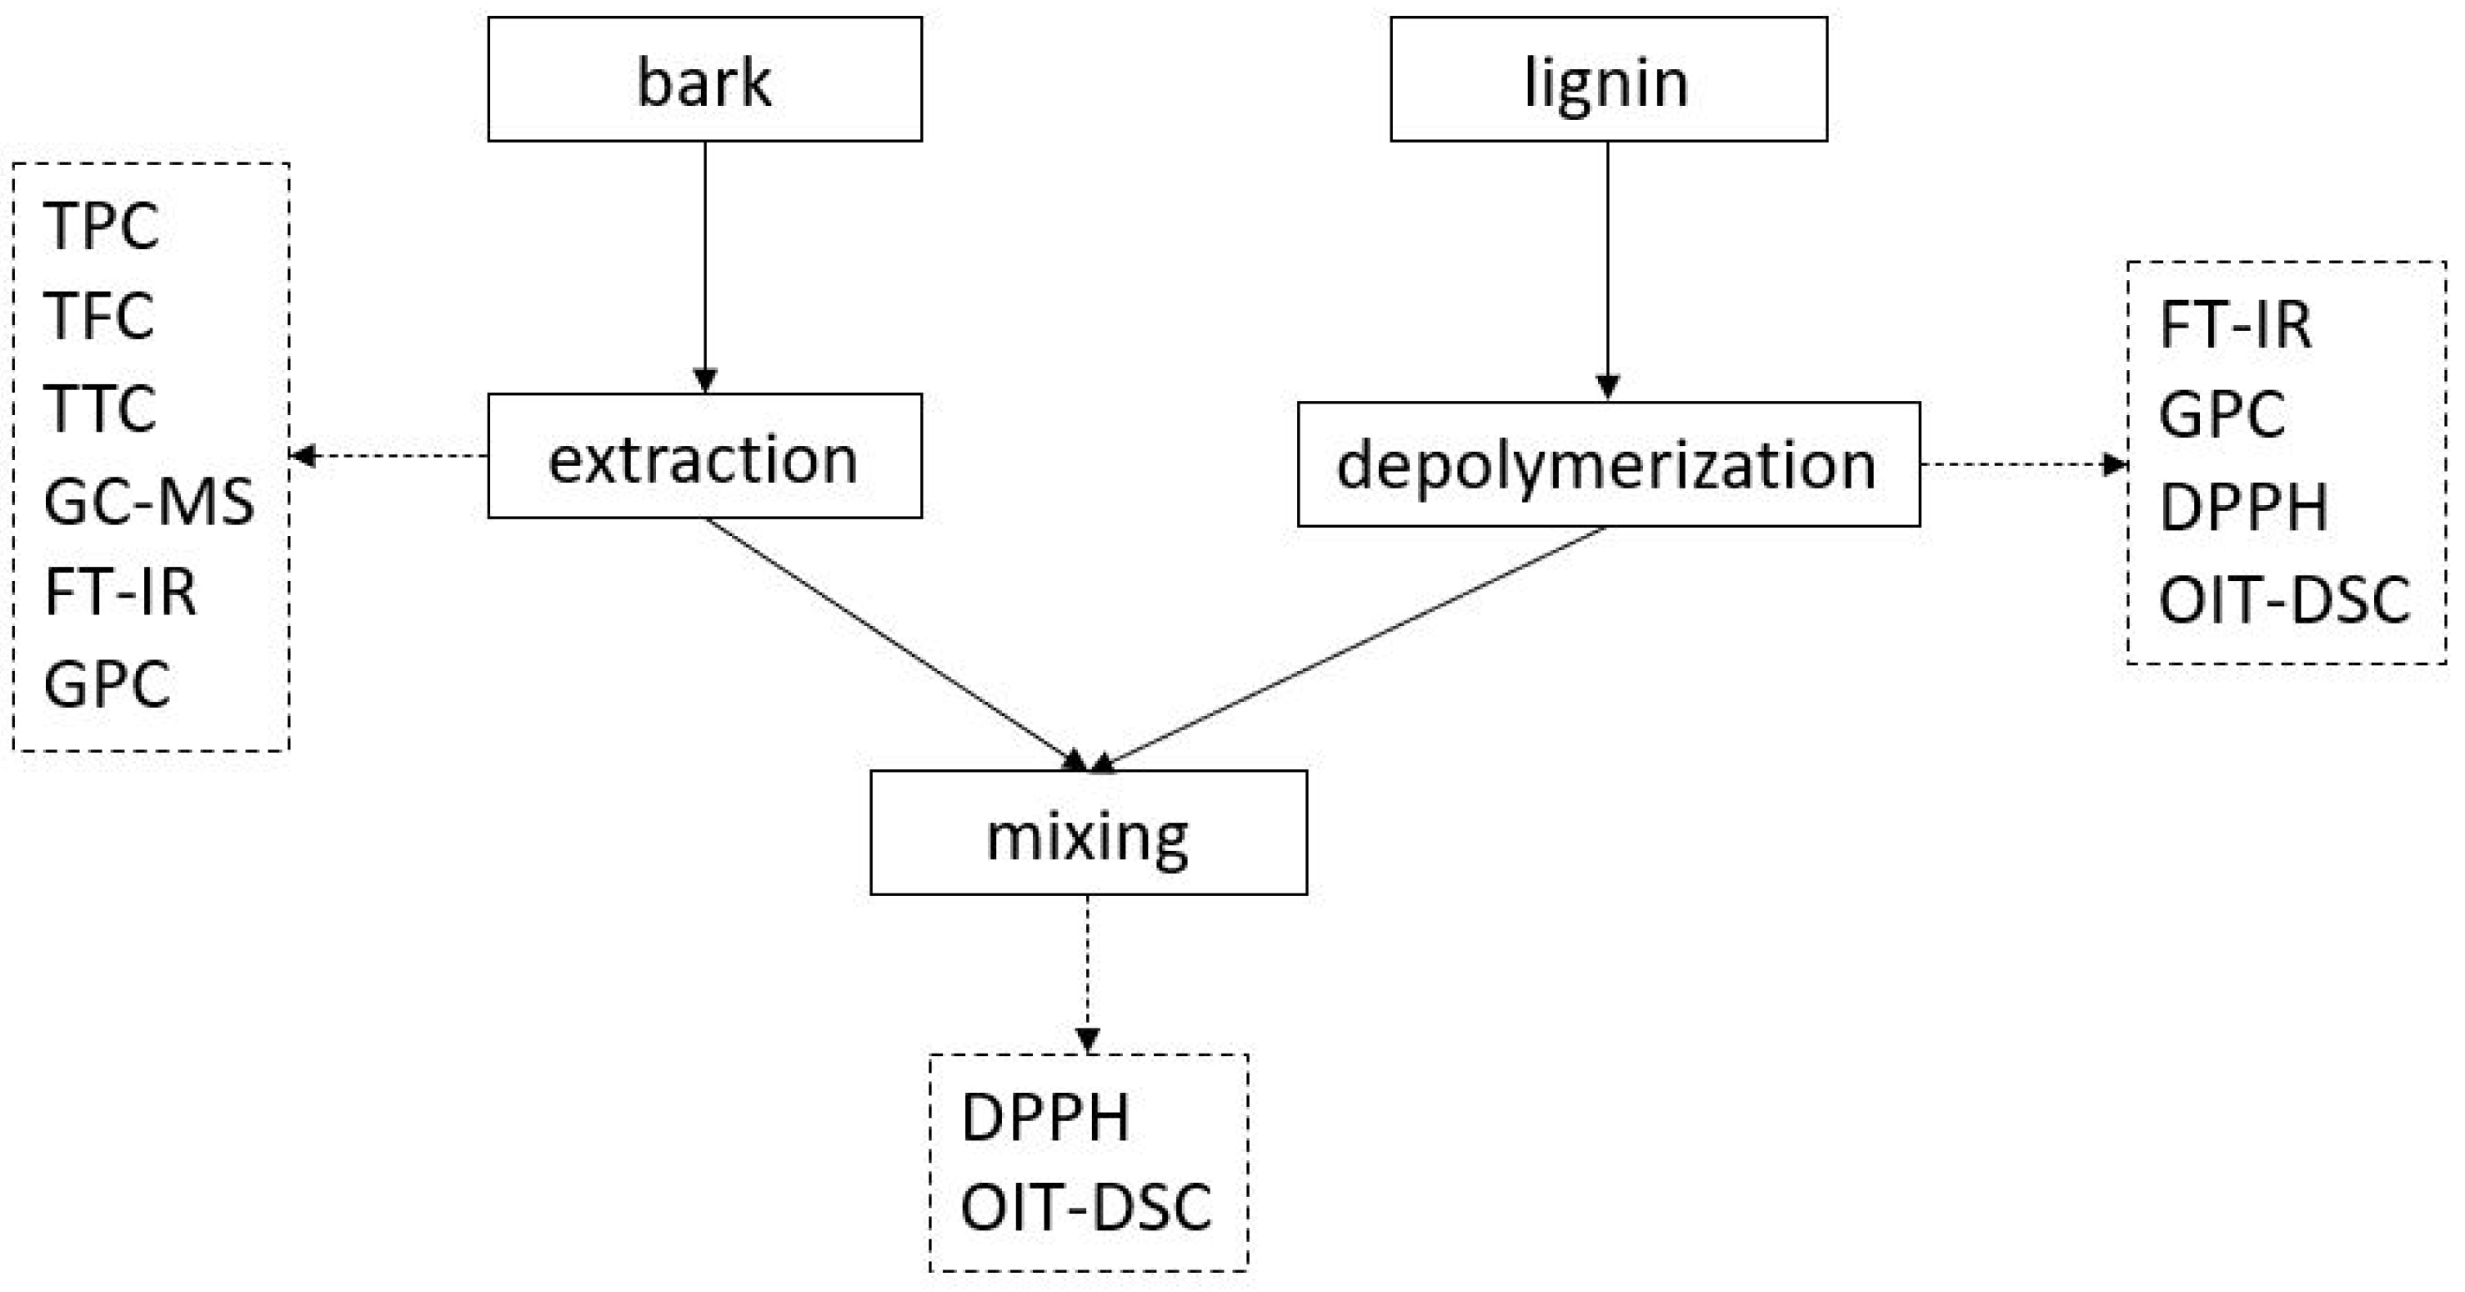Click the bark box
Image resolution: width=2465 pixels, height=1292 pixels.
click(704, 79)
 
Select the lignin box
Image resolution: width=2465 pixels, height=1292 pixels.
click(1607, 79)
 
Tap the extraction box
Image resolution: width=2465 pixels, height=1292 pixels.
click(704, 457)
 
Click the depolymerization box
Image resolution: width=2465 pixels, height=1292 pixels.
click(1607, 464)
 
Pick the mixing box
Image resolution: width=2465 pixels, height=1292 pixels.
click(1088, 833)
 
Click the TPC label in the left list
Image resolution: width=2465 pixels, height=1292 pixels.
click(102, 227)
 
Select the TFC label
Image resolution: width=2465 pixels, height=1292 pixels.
click(98, 316)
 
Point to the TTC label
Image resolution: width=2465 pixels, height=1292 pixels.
click(99, 408)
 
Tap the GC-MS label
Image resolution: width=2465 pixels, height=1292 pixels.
click(149, 500)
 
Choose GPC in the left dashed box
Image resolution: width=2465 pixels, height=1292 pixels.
click(108, 684)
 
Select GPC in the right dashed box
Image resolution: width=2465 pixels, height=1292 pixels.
click(2222, 414)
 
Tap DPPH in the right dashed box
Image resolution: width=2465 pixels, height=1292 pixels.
click(2243, 508)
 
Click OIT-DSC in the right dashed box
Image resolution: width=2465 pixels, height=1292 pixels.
click(2284, 600)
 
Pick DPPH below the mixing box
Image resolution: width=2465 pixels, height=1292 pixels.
click(1045, 1117)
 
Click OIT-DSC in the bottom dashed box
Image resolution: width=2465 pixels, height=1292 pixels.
click(1086, 1208)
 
